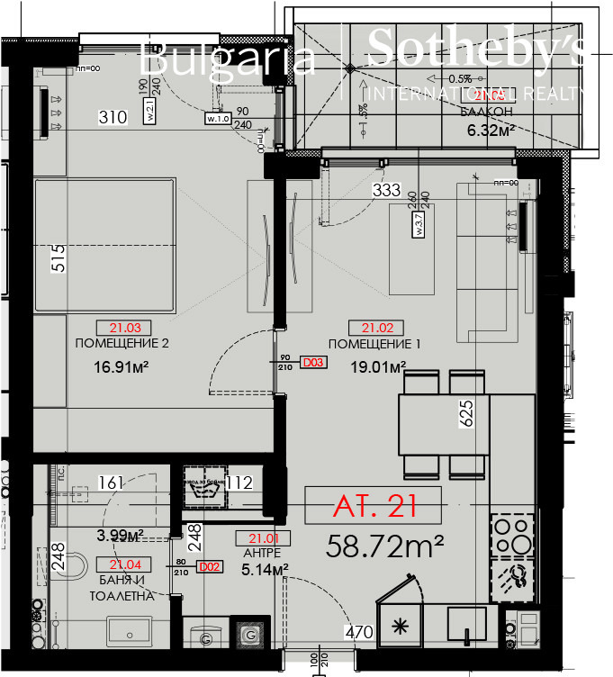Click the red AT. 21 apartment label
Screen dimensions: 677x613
click(x=374, y=506)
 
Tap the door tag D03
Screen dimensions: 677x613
click(x=312, y=363)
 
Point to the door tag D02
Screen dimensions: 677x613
click(x=210, y=566)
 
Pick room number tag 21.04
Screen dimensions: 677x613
click(x=125, y=565)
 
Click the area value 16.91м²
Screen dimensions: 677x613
click(x=121, y=366)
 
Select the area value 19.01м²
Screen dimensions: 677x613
click(x=378, y=366)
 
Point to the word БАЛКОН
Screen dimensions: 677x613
click(x=487, y=112)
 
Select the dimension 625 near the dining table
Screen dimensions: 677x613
click(x=465, y=415)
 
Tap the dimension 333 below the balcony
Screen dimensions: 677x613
click(x=387, y=190)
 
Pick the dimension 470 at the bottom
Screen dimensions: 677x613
click(x=359, y=632)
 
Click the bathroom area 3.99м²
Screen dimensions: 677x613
click(x=121, y=537)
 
